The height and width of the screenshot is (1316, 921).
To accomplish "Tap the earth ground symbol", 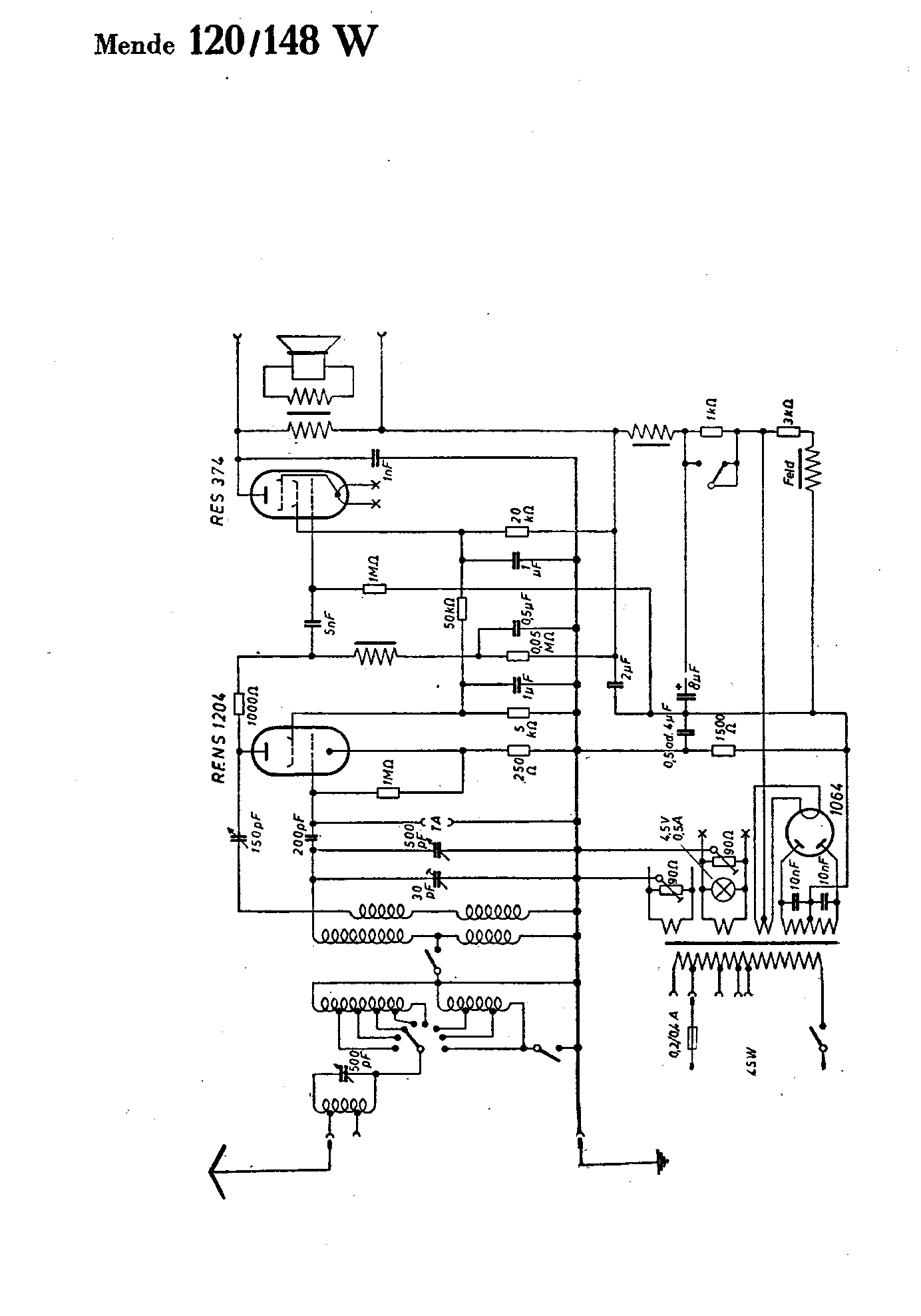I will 661,1162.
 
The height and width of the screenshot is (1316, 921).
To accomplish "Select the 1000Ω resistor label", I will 254,713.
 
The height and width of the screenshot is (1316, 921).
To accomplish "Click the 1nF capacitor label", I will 393,472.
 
